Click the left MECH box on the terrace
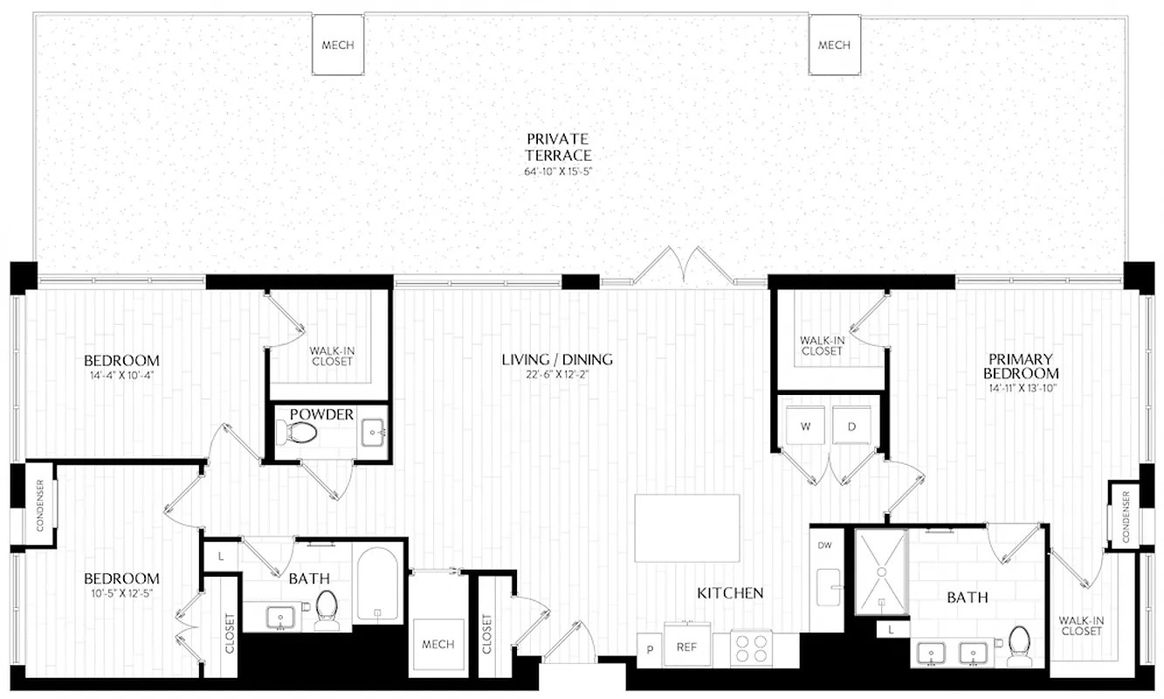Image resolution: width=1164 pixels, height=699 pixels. [x=338, y=45]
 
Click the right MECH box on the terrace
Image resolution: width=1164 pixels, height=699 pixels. [x=834, y=45]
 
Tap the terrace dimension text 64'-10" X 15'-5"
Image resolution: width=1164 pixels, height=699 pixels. [x=557, y=171]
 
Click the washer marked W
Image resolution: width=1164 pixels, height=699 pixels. [x=803, y=427]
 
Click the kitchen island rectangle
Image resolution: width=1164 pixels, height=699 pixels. [x=687, y=528]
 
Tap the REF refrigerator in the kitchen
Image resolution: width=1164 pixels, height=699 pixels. [x=686, y=647]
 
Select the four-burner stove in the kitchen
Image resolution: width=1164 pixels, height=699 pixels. [x=753, y=649]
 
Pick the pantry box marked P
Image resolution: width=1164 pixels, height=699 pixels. [x=650, y=649]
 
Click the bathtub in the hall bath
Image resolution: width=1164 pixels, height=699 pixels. [x=378, y=584]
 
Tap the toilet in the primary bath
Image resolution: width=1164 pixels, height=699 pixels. [x=1018, y=645]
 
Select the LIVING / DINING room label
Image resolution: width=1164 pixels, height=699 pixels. [x=557, y=359]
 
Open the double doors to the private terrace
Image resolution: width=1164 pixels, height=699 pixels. [x=684, y=266]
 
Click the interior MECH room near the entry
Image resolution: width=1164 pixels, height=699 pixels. [x=437, y=645]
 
